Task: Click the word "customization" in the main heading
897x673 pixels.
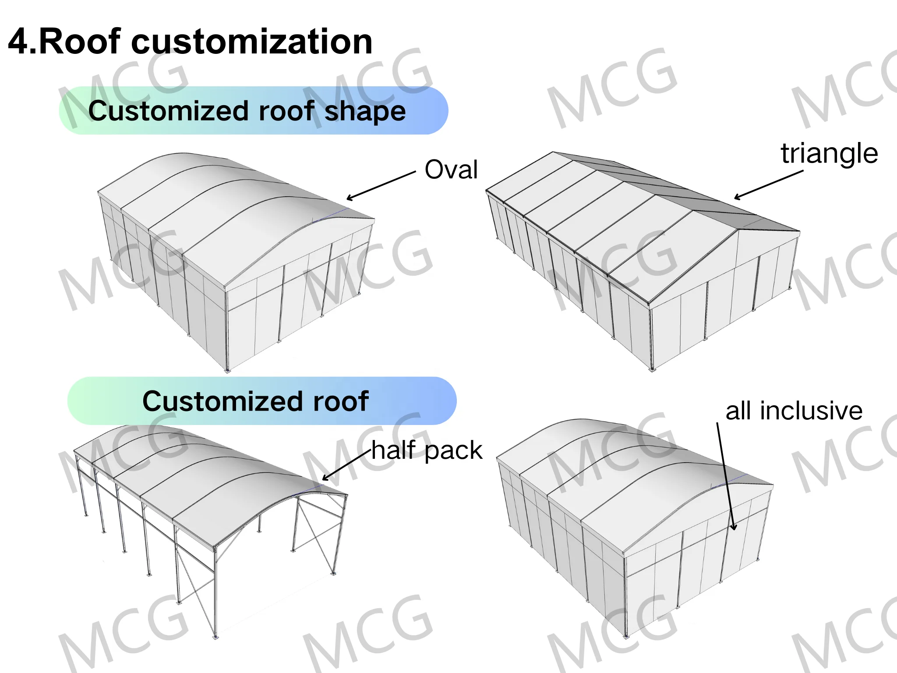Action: (251, 42)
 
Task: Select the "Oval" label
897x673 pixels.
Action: (451, 170)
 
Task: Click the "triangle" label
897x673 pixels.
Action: (829, 153)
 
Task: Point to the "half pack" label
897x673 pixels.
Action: (427, 450)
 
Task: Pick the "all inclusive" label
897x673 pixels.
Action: (794, 411)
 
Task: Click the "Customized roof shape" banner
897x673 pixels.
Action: (253, 110)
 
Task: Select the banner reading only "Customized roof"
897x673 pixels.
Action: (261, 401)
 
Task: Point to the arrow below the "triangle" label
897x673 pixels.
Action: (768, 185)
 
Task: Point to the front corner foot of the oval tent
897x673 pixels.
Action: (227, 371)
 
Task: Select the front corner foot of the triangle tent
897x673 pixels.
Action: (652, 369)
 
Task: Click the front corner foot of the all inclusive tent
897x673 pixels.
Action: (626, 636)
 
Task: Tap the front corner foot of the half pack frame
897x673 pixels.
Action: (215, 637)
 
